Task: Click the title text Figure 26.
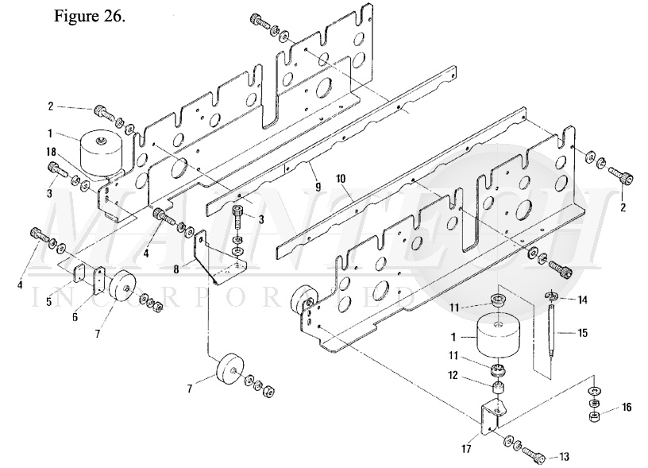[x=89, y=16]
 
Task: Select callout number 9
[x=318, y=188]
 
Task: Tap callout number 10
[x=341, y=179]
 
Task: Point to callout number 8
[x=176, y=269]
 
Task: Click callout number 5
[x=48, y=302]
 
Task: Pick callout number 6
[x=75, y=317]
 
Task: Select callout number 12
[x=453, y=375]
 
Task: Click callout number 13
[x=564, y=456]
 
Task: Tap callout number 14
[x=582, y=300]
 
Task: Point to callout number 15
[x=582, y=332]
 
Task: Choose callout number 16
[x=627, y=408]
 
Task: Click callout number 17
[x=465, y=449]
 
